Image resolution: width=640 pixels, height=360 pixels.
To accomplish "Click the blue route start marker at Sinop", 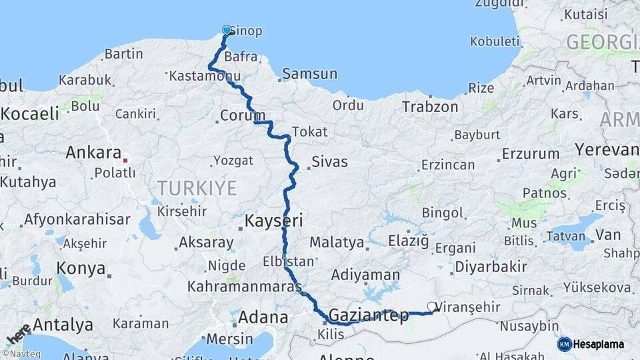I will pos(227,30).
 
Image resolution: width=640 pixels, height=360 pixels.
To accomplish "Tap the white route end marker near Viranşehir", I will pos(432,307).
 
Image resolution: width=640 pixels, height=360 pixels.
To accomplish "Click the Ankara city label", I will pos(93,153).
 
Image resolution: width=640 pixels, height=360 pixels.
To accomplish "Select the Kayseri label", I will pos(274,220).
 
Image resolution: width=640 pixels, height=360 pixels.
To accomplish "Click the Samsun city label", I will pos(310,73).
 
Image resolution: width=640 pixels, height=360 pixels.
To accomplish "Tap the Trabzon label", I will pos(431,107).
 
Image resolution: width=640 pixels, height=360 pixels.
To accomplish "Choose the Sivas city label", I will pos(329,161).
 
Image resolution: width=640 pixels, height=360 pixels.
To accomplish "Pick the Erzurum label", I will pos(531,153).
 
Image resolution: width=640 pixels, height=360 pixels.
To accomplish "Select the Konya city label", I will pos(81,268).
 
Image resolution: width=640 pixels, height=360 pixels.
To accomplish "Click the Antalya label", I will pos(63,325).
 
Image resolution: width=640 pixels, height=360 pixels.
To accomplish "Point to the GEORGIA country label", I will pos(602,42).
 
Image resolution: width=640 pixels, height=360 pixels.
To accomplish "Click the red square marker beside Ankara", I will pos(125,160).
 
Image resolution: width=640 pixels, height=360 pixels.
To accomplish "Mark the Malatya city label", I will pos(337,242).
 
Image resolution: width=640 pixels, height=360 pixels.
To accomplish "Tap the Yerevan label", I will pos(607,149).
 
